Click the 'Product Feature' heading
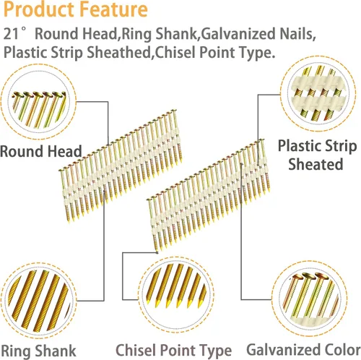click(76, 9)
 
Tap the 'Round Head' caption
click(41, 151)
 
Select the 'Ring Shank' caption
click(38, 351)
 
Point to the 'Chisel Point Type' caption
click(174, 351)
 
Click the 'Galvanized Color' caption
click(304, 349)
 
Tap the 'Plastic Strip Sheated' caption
click(317, 155)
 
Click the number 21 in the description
click(11, 33)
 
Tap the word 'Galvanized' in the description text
click(238, 33)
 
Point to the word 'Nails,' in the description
click(297, 33)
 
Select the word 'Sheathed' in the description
click(118, 52)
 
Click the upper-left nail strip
click(121, 166)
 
